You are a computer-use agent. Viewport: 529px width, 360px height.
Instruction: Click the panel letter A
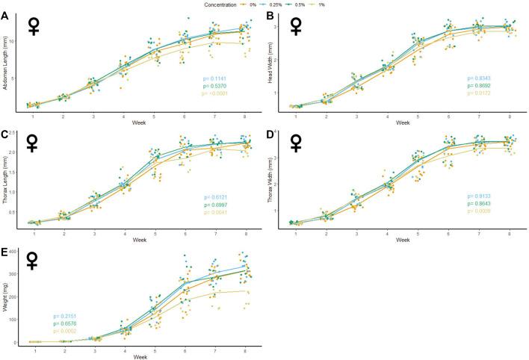[x=4, y=16]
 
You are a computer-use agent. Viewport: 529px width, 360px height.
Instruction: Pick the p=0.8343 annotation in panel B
[x=482, y=78]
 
